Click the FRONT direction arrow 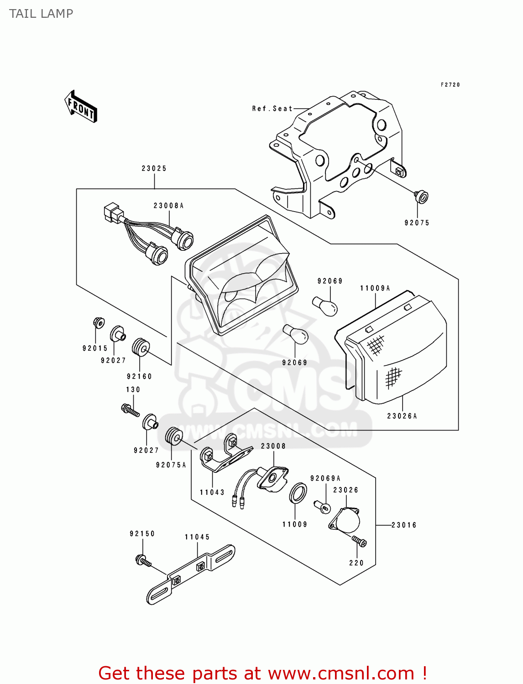point(81,107)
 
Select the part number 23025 point(154,168)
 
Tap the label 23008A point(168,206)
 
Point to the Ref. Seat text point(272,109)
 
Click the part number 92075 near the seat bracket point(417,223)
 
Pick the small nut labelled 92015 point(98,322)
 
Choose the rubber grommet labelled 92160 point(140,347)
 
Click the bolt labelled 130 point(130,409)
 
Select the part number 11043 point(212,492)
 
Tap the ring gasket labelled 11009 point(298,493)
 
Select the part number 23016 point(404,525)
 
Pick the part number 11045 point(197,537)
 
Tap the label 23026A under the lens point(402,416)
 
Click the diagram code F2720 point(450,85)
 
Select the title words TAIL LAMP point(41,14)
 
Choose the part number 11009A point(375,288)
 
